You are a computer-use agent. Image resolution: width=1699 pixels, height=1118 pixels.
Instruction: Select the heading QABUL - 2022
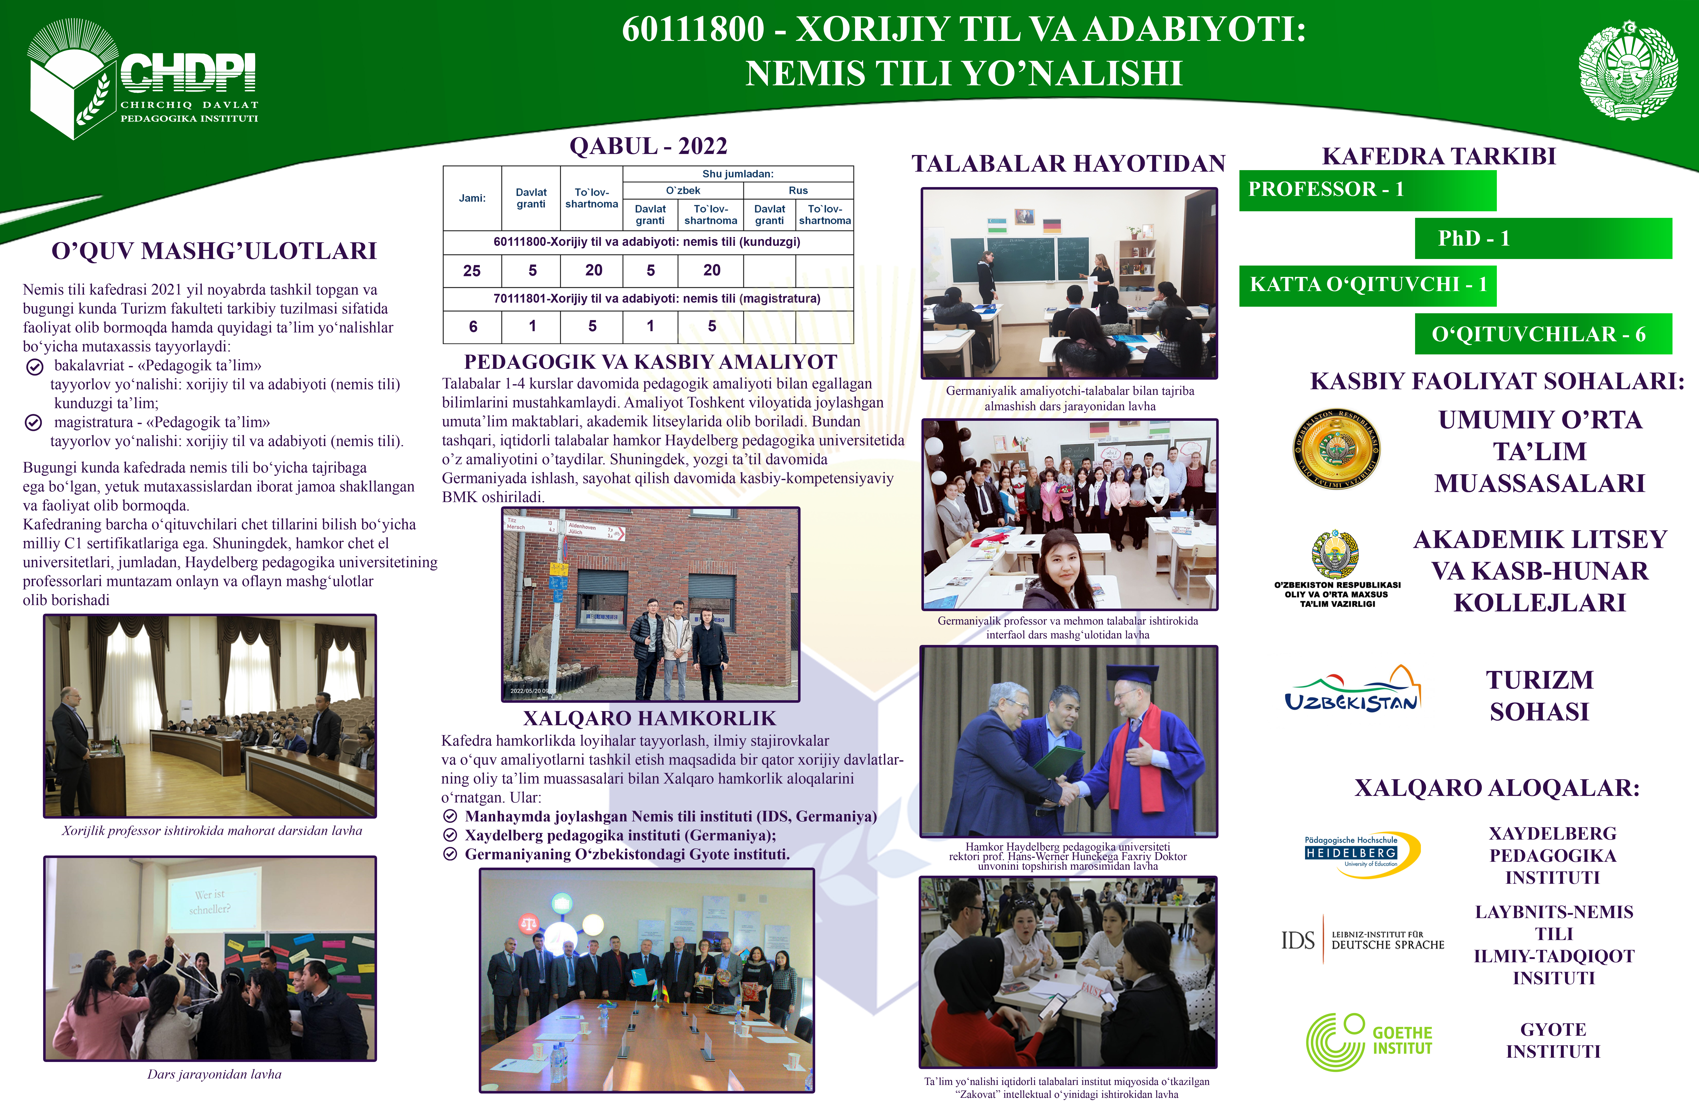coord(648,146)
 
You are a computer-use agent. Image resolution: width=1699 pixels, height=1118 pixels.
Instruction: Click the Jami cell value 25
coord(472,271)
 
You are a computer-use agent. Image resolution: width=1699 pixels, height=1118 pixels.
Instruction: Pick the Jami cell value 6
coord(473,326)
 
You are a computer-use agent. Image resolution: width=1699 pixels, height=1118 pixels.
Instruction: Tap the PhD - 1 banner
coord(1543,239)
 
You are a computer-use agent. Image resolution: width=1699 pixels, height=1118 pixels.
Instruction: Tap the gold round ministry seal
coord(1336,449)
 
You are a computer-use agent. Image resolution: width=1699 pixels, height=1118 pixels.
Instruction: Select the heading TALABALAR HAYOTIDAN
coord(1069,164)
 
